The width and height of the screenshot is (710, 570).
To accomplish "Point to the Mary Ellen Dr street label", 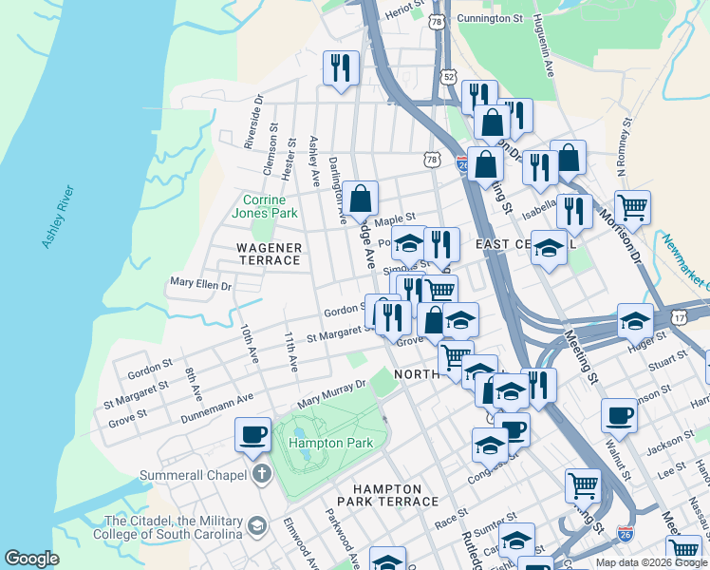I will (x=200, y=283).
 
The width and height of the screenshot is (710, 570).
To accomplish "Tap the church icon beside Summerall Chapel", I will (x=261, y=473).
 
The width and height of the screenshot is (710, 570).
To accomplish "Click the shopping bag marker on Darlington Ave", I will (x=361, y=199).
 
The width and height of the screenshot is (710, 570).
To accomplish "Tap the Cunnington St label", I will (x=490, y=18).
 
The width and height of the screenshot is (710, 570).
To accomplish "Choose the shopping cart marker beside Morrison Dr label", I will (x=632, y=206).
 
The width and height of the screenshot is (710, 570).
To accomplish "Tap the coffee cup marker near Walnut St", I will (x=619, y=415).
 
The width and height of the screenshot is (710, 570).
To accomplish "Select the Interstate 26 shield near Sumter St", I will (x=625, y=533).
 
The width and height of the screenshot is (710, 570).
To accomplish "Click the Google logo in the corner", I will (x=31, y=559).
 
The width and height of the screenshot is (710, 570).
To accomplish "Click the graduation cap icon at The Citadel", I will (x=256, y=525).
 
